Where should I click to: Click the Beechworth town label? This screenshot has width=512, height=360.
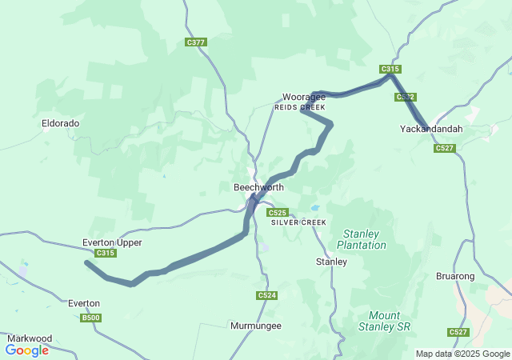(x=258, y=187)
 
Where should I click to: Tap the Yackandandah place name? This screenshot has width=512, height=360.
(x=431, y=128)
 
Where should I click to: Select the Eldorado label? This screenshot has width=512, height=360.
(x=61, y=124)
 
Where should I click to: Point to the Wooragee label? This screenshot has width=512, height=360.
(x=302, y=97)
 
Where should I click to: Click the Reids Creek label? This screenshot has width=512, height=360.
(x=300, y=107)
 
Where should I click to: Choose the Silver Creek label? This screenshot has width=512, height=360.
(x=298, y=222)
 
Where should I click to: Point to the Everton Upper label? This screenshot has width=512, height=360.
(x=112, y=242)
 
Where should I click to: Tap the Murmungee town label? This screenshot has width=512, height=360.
(x=256, y=326)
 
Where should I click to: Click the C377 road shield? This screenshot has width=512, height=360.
(x=195, y=42)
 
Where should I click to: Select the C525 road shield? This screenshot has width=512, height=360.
(x=278, y=213)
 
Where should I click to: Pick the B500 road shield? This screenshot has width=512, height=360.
(x=91, y=318)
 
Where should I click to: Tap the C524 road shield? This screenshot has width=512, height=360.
(x=267, y=296)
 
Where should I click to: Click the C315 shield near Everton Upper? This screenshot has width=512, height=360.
(x=106, y=254)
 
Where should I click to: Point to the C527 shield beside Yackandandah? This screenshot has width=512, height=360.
(x=445, y=148)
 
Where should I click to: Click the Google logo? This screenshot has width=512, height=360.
(x=27, y=350)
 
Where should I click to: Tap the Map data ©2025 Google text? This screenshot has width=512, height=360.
(x=462, y=354)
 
